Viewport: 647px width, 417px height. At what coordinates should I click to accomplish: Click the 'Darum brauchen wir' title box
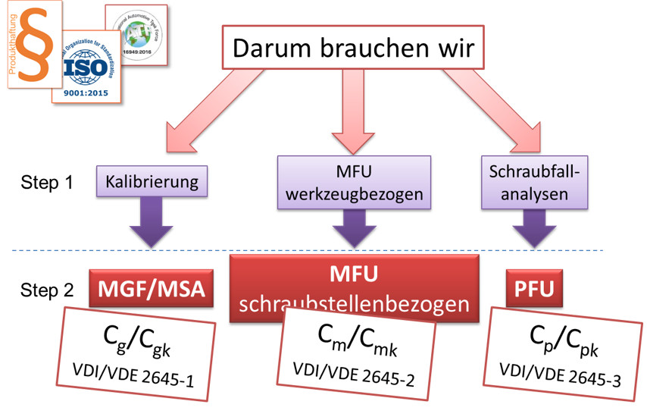pos(353,49)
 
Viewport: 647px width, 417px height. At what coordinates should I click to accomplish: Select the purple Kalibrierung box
pos(152,182)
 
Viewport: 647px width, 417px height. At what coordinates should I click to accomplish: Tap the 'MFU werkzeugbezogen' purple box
pos(354,182)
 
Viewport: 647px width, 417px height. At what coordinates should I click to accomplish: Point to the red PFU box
pos(530,289)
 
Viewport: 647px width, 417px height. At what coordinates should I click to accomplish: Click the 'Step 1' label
pos(48,183)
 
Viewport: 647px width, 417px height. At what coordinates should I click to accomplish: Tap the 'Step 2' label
pos(48,290)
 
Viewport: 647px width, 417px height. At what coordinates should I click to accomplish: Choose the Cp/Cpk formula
pos(561,341)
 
